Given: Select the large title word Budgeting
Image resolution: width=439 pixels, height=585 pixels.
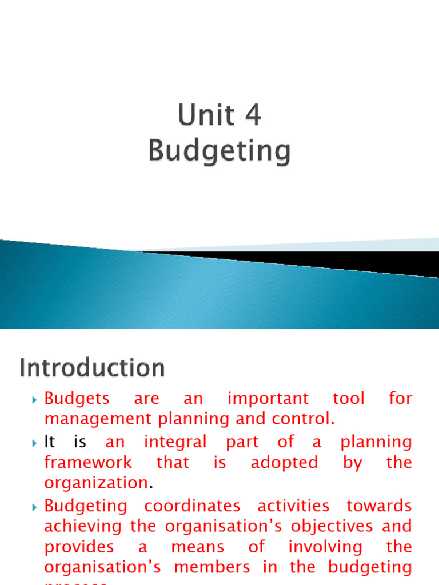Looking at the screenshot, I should (x=219, y=152).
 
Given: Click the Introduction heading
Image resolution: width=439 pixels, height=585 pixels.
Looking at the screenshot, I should (x=92, y=368).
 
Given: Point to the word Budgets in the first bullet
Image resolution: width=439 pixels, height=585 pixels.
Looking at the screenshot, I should (x=77, y=399).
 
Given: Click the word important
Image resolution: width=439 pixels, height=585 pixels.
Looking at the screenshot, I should (x=268, y=399).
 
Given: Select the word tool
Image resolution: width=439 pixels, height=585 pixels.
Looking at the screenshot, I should (x=348, y=399).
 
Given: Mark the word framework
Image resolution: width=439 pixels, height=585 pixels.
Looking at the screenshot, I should (x=88, y=462).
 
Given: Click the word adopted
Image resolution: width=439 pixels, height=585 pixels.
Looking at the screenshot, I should (x=284, y=462).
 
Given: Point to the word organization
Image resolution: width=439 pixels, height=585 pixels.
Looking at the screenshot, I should (x=96, y=483).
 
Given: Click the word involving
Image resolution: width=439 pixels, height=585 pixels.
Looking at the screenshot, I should (x=325, y=547).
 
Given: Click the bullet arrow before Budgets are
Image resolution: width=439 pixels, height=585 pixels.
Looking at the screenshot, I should (x=35, y=399).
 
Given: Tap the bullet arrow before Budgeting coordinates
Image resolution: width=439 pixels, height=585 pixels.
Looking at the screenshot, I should (x=35, y=506).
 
